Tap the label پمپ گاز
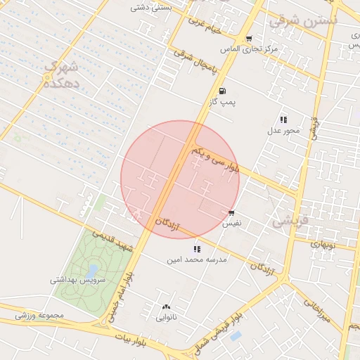point(221,103)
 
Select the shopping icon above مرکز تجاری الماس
point(248,39)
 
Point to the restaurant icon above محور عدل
point(283,120)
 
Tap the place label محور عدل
point(283,131)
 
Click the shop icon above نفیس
point(231,213)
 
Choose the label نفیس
point(231,224)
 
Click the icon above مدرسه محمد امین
point(197,248)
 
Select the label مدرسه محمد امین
point(197,259)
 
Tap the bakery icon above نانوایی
point(166,307)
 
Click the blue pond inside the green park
point(92,270)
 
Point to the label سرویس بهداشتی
point(77,280)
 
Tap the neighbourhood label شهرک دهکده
point(59,75)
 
